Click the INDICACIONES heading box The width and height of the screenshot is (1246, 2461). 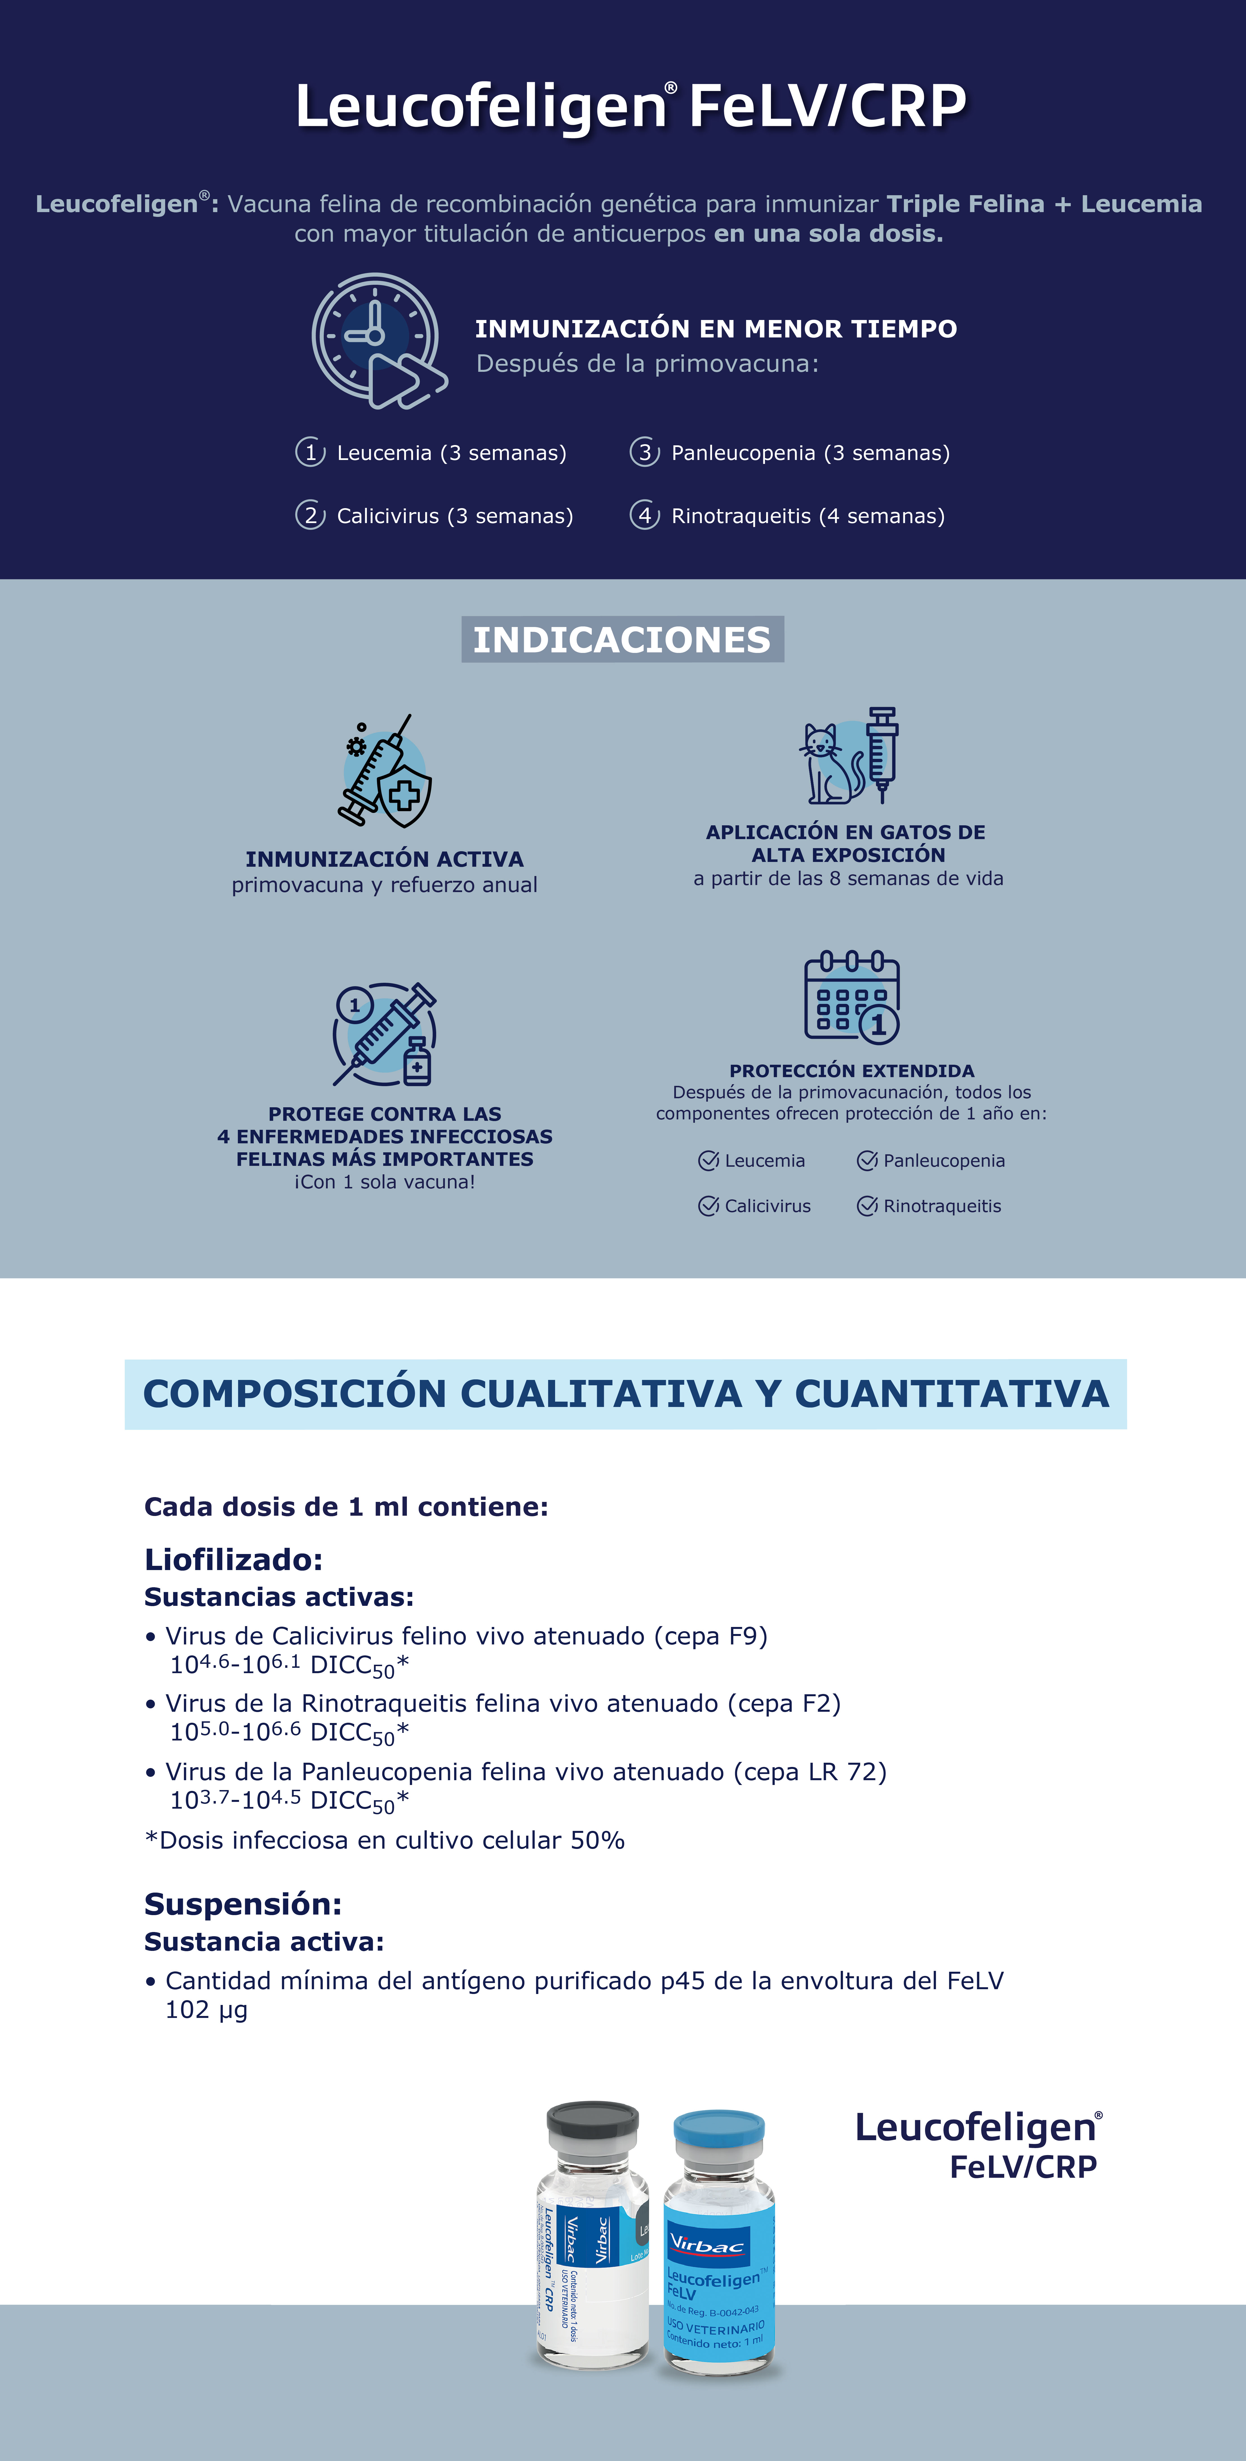click(x=622, y=639)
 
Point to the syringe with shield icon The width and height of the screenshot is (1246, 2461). click(x=385, y=772)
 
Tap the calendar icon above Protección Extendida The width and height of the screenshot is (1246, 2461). click(x=851, y=997)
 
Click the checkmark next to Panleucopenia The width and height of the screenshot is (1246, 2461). click(x=867, y=1161)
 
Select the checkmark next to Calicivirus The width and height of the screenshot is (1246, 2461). click(x=708, y=1206)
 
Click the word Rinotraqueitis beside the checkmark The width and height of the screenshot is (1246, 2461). click(x=942, y=1206)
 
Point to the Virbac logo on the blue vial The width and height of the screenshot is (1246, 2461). click(x=707, y=2242)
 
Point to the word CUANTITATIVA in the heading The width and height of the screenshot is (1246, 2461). click(x=952, y=1394)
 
